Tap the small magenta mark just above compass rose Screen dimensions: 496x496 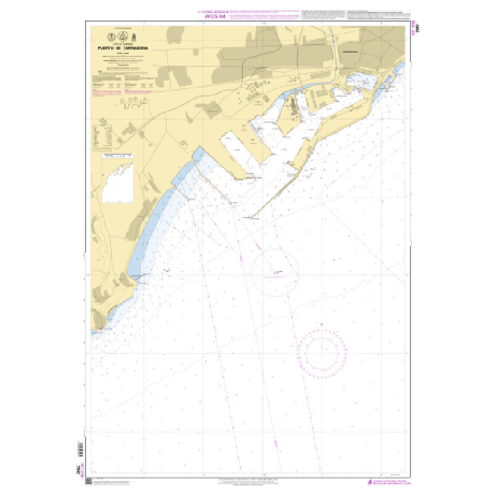click(322, 323)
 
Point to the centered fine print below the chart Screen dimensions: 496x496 click(248, 482)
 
